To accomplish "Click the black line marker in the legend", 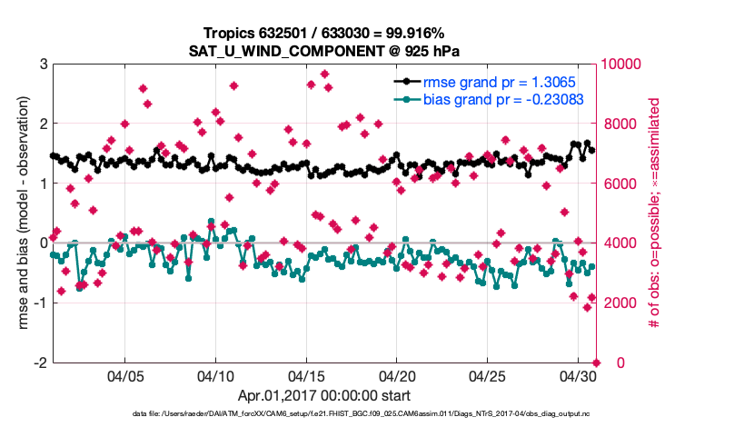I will [x=407, y=83].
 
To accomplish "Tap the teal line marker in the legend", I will [x=407, y=100].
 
